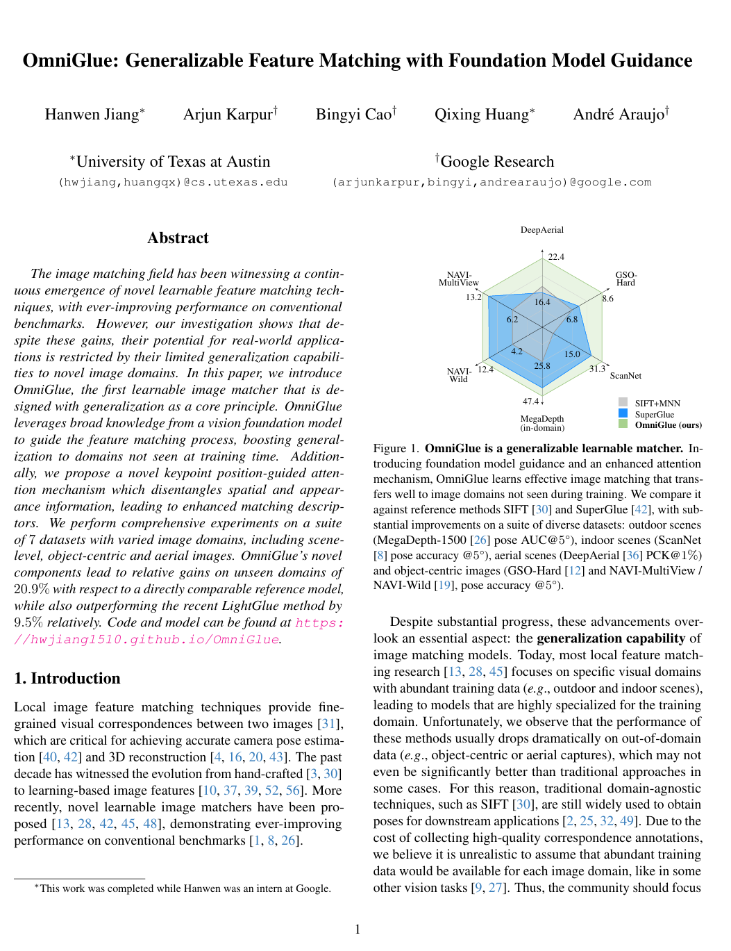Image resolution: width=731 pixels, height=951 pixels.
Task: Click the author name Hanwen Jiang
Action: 92,115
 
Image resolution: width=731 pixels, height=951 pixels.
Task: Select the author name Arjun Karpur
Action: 228,115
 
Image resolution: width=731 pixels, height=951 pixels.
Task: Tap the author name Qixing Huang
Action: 482,115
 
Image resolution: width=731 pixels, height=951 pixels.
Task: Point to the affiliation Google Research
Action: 497,162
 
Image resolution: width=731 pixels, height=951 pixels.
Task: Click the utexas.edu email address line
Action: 173,182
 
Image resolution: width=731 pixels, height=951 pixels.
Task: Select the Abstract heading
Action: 178,238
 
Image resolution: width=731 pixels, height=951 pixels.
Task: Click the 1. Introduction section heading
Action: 67,679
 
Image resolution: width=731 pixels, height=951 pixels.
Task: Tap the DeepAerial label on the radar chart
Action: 542,230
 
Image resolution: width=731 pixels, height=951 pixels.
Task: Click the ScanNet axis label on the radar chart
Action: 625,376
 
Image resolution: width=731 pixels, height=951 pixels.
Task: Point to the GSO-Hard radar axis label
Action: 625,279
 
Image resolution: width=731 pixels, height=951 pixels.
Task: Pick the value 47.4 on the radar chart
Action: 530,402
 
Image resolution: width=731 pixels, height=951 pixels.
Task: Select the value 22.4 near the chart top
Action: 556,257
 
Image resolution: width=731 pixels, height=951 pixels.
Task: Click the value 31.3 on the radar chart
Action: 597,369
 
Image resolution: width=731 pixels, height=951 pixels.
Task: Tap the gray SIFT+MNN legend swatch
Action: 623,403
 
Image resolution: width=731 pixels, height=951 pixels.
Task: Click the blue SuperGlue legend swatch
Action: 623,413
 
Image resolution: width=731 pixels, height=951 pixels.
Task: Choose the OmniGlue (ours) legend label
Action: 668,425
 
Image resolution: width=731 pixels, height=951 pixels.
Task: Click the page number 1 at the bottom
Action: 358,929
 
